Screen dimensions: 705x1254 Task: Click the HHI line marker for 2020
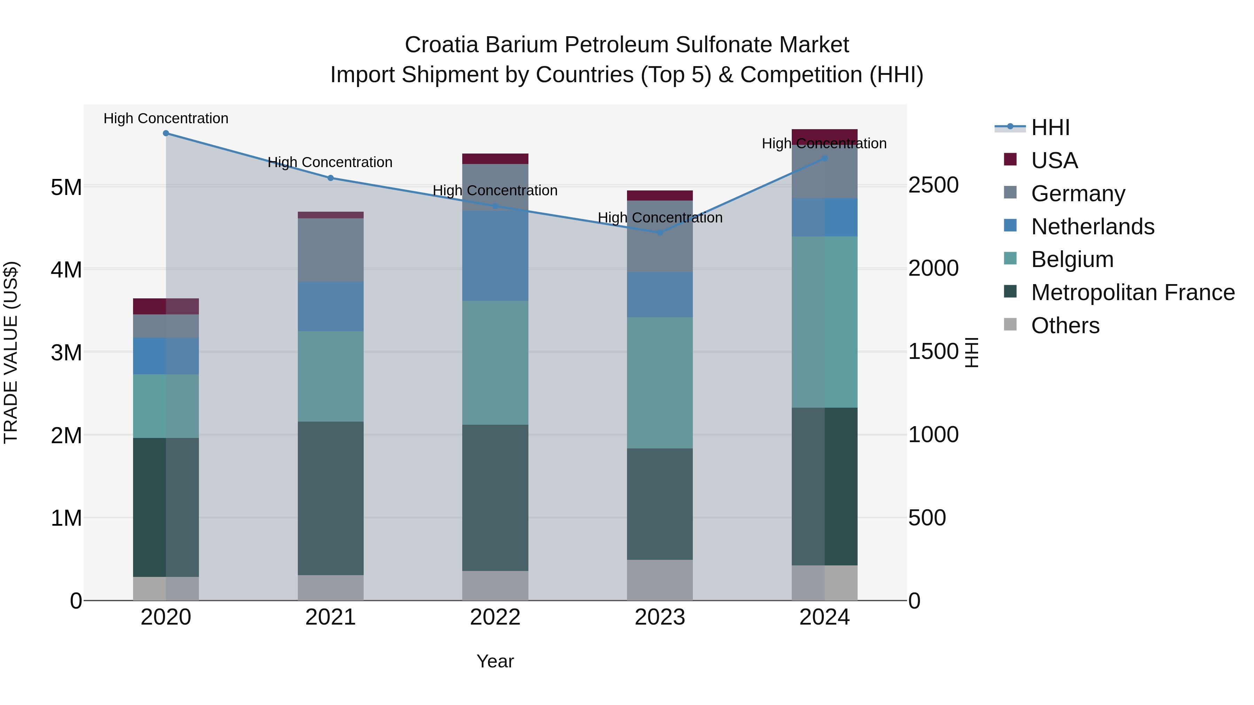click(166, 133)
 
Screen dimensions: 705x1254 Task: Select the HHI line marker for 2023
click(660, 233)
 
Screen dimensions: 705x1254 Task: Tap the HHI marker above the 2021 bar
click(331, 178)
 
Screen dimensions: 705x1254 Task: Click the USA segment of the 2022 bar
click(495, 159)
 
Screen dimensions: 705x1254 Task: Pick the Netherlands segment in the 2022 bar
click(495, 256)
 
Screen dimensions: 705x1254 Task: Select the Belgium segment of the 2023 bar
click(660, 382)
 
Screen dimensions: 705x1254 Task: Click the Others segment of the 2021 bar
click(331, 587)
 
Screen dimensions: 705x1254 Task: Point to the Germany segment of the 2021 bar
click(331, 250)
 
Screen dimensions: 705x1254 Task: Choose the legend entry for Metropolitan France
click(1132, 292)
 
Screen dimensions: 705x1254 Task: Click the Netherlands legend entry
click(1092, 227)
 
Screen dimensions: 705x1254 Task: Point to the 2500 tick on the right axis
click(933, 185)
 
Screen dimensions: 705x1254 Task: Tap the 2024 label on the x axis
click(824, 617)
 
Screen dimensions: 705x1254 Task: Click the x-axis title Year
click(495, 661)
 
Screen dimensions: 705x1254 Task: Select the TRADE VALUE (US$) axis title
click(11, 352)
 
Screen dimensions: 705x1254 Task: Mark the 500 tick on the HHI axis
click(927, 518)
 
